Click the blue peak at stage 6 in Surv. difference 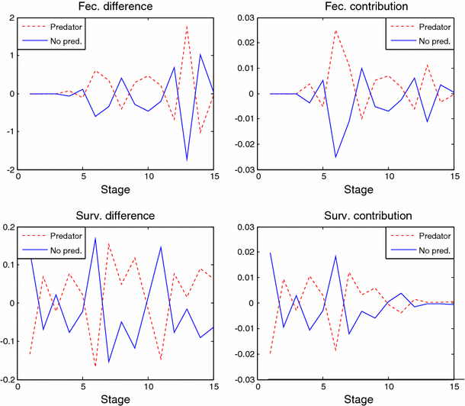[96, 238]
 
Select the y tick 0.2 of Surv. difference [13, 227]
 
